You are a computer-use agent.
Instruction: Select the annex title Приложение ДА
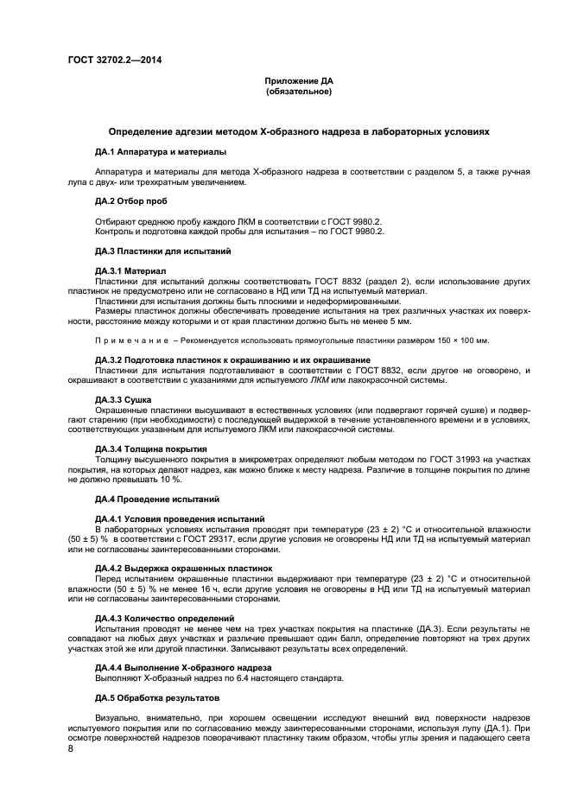pyautogui.click(x=298, y=81)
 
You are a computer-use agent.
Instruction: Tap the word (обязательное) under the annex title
pyautogui.click(x=298, y=91)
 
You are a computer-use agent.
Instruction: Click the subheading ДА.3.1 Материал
pyautogui.click(x=129, y=271)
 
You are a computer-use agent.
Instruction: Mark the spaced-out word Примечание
pyautogui.click(x=130, y=340)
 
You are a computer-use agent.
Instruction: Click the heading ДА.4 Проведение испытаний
pyautogui.click(x=150, y=499)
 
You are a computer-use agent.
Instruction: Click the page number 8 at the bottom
pyautogui.click(x=72, y=749)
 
